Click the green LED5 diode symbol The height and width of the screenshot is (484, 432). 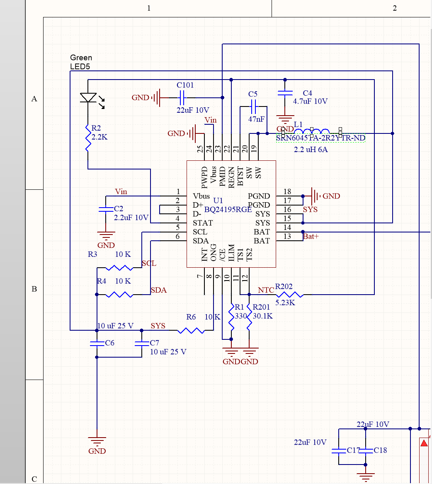coord(88,98)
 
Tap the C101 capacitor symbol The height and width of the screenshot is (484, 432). coord(181,98)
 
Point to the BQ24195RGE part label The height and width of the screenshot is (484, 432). coord(228,210)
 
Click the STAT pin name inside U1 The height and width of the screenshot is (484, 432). coord(203,223)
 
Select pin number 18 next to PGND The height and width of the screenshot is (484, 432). coord(287,191)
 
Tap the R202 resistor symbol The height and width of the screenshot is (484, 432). coord(291,295)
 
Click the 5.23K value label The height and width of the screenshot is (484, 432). coord(285,303)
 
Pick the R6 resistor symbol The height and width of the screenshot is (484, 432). coord(191,330)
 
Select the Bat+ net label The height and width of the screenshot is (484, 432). coord(311,237)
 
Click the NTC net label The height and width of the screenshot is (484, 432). coord(266,290)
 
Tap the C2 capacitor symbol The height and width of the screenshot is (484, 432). coord(106,210)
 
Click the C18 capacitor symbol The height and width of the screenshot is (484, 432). coord(366,450)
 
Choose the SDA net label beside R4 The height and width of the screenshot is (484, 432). coord(158,290)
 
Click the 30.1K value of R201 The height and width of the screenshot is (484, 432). coord(262,316)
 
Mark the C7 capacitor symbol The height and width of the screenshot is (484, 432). coord(142,343)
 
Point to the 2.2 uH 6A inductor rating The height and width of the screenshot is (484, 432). coord(311,150)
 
